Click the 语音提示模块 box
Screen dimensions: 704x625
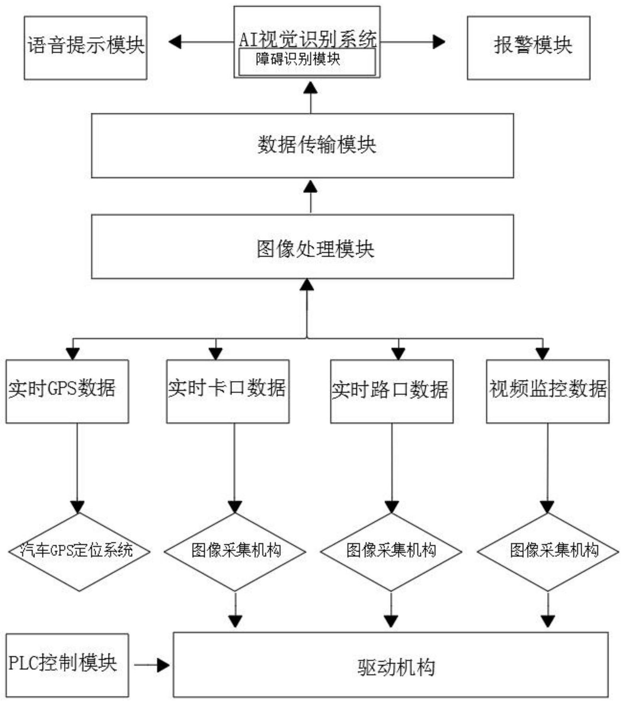coord(85,48)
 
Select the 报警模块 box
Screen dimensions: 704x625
coord(528,48)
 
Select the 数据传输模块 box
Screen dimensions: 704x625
coord(302,145)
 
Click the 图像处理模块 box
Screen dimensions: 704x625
coord(302,247)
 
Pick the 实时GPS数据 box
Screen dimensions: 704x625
coord(67,391)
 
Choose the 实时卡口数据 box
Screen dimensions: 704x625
coord(228,391)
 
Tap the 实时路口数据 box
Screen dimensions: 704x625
coord(391,391)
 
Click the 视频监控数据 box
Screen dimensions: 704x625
coord(547,391)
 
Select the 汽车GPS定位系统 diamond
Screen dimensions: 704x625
coord(79,552)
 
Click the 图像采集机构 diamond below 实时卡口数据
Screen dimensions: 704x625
coord(235,552)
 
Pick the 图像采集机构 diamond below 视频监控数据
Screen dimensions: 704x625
coord(547,552)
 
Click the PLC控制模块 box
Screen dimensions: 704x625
coord(67,665)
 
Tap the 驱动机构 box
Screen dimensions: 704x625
coord(390,665)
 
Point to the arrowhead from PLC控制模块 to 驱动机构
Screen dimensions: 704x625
coord(163,665)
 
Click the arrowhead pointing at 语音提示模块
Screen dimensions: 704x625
coord(175,42)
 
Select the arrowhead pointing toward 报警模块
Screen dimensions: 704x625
coord(439,42)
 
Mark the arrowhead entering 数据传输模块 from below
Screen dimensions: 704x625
coord(311,187)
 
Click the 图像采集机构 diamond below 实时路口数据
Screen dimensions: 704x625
coord(391,552)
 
